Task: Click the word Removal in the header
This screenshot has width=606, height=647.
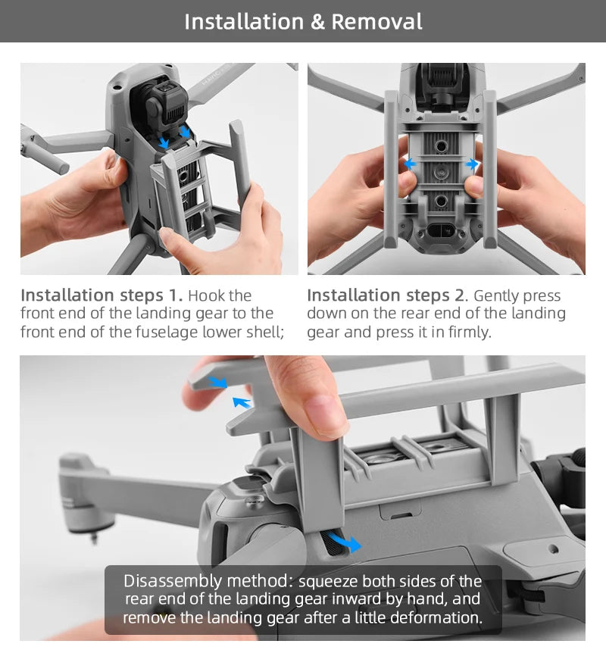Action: pyautogui.click(x=376, y=21)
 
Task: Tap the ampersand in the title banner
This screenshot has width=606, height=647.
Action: pyautogui.click(x=317, y=22)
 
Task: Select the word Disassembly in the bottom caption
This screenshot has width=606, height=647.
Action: pyautogui.click(x=173, y=581)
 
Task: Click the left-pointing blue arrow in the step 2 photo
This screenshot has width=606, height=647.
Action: pyautogui.click(x=410, y=164)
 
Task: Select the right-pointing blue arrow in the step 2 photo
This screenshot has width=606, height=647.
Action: pyautogui.click(x=471, y=164)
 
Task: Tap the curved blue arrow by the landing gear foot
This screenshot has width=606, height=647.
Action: pyautogui.click(x=345, y=542)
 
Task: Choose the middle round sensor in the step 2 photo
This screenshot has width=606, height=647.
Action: pyautogui.click(x=441, y=172)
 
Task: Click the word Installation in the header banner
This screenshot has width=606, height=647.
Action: pyautogui.click(x=244, y=21)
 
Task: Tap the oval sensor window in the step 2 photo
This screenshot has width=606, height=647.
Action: pyautogui.click(x=441, y=231)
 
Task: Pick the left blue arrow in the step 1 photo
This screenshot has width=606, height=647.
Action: pyautogui.click(x=164, y=142)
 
